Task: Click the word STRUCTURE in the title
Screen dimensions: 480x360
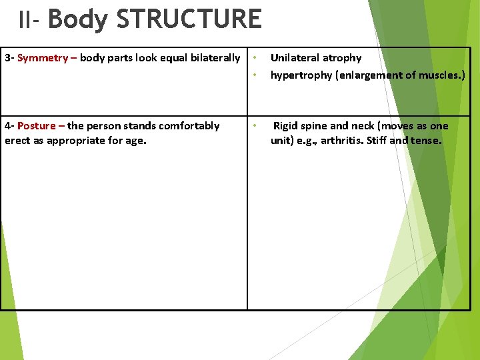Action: pyautogui.click(x=189, y=19)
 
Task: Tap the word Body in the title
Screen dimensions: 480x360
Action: pyautogui.click(x=78, y=19)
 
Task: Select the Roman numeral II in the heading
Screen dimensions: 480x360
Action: pyautogui.click(x=25, y=20)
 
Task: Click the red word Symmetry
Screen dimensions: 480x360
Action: pyautogui.click(x=43, y=58)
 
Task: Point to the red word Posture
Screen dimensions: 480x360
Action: pyautogui.click(x=37, y=126)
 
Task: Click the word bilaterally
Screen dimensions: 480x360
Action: pyautogui.click(x=215, y=58)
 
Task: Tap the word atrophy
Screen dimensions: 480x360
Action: pyautogui.click(x=343, y=59)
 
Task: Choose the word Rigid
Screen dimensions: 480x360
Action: pyautogui.click(x=285, y=126)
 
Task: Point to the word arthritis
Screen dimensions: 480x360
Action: pyautogui.click(x=344, y=141)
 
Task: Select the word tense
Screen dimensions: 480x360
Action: pyautogui.click(x=427, y=141)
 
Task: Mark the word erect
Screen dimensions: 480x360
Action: pyautogui.click(x=18, y=141)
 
